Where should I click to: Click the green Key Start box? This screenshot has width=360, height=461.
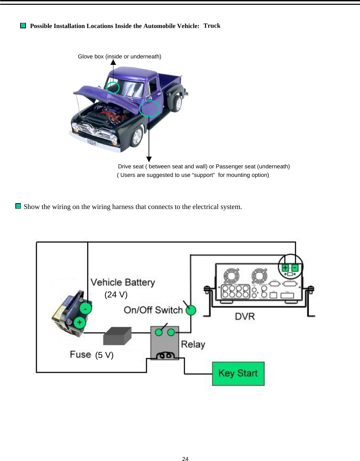click(238, 374)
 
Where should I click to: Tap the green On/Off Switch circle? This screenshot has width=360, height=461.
click(191, 310)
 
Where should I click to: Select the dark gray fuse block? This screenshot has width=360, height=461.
click(117, 336)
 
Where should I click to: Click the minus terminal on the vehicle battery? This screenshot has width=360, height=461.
click(85, 309)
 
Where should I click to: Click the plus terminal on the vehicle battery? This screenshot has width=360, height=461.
click(80, 322)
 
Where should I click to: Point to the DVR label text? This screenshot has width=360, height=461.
click(245, 316)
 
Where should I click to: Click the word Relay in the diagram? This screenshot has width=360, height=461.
click(193, 344)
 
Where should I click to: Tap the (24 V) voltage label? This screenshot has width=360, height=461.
click(116, 295)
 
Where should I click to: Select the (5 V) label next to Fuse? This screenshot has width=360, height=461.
click(104, 355)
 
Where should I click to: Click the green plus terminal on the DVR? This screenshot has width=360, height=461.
click(285, 268)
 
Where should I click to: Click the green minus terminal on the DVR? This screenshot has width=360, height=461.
click(295, 268)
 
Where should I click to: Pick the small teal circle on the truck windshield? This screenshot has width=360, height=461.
click(113, 88)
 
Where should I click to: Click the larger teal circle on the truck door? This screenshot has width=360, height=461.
click(150, 109)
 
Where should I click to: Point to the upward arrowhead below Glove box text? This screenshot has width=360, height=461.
click(113, 62)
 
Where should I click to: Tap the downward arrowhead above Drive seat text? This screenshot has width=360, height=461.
click(149, 159)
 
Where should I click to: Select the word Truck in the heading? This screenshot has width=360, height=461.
click(212, 26)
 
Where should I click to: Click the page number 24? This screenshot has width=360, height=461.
click(185, 459)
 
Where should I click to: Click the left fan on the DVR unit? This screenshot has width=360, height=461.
click(231, 276)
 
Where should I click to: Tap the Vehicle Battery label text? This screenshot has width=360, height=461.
click(123, 282)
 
